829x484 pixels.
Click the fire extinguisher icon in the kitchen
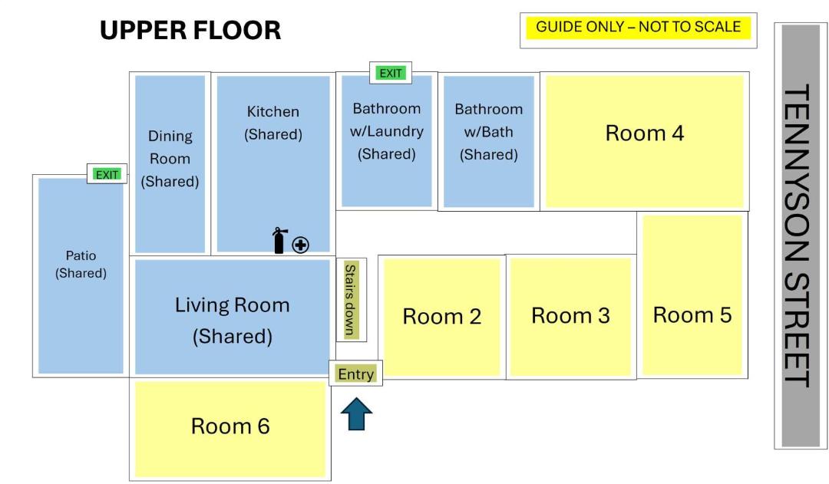pyautogui.click(x=279, y=240)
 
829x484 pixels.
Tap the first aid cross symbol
pyautogui.click(x=300, y=245)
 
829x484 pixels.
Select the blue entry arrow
pyautogui.click(x=356, y=413)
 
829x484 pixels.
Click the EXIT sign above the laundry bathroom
pyautogui.click(x=391, y=73)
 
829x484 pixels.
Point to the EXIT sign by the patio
pyautogui.click(x=107, y=174)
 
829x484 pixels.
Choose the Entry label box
pyautogui.click(x=356, y=374)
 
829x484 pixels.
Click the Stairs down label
pyautogui.click(x=351, y=300)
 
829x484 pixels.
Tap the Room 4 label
pyautogui.click(x=645, y=133)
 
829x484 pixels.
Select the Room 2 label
pyautogui.click(x=442, y=317)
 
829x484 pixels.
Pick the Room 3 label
pyautogui.click(x=570, y=315)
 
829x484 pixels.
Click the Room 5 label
pyautogui.click(x=692, y=315)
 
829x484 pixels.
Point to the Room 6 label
pyautogui.click(x=230, y=426)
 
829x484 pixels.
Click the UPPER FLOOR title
pyautogui.click(x=190, y=30)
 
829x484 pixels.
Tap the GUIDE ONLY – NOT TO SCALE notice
pyautogui.click(x=638, y=27)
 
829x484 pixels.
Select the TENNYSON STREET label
pyautogui.click(x=796, y=235)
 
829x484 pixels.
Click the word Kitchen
pyautogui.click(x=272, y=111)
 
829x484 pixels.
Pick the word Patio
pyautogui.click(x=81, y=255)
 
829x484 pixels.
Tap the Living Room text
pyautogui.click(x=232, y=305)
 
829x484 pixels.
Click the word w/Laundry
pyautogui.click(x=386, y=132)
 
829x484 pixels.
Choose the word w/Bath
pyautogui.click(x=488, y=132)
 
